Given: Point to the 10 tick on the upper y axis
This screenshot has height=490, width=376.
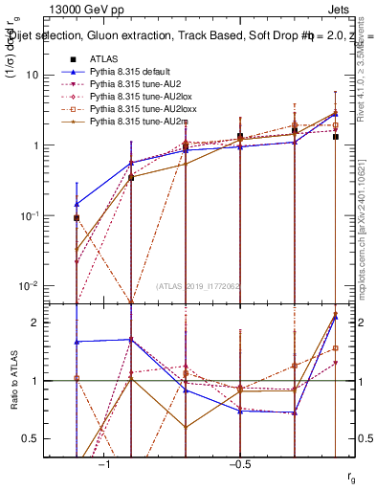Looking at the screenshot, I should [39, 75].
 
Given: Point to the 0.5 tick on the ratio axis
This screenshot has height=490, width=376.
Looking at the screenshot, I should [39, 438].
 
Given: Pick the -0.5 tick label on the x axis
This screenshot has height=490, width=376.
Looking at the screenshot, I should [239, 464].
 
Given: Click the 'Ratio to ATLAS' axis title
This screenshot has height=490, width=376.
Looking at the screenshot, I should [12, 380].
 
